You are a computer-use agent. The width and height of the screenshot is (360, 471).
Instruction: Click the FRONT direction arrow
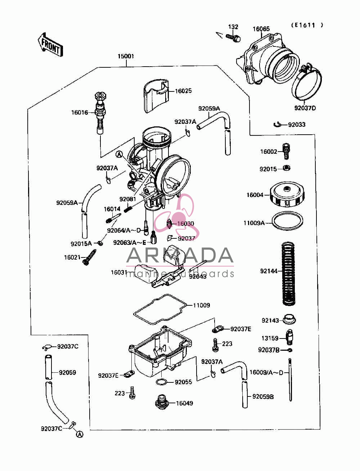[x=50, y=45]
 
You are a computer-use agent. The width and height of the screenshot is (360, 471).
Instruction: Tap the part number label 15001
[x=126, y=56]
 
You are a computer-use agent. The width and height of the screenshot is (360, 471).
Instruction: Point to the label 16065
[x=261, y=29]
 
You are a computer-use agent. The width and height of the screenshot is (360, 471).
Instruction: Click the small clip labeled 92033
[x=278, y=124]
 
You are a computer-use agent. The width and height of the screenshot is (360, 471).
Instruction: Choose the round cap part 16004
[x=287, y=194]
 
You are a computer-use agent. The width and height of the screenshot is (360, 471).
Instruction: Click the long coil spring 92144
[x=288, y=274]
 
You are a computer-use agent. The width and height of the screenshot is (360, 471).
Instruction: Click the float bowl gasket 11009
[x=160, y=309]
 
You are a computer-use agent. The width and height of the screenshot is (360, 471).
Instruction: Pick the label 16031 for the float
[x=119, y=272]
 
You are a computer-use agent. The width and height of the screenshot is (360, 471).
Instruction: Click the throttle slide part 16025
[x=156, y=96]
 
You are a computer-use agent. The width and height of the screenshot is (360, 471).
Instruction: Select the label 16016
[x=80, y=112]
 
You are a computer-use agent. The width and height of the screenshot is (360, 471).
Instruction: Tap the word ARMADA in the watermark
[x=180, y=255]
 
